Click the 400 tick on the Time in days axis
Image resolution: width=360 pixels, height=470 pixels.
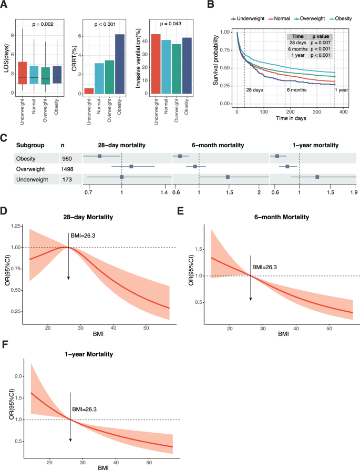coord(343,113)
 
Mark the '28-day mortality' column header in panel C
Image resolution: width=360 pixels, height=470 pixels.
coord(122,145)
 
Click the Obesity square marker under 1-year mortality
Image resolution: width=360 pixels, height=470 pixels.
coord(277,156)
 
